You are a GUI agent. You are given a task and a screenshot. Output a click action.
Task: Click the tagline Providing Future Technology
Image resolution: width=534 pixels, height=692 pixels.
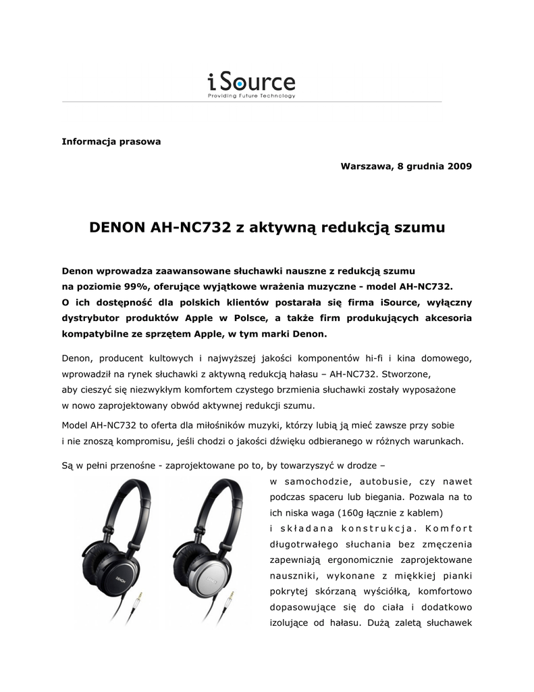251,97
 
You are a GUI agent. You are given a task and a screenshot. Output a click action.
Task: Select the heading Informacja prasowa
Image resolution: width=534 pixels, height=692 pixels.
111,142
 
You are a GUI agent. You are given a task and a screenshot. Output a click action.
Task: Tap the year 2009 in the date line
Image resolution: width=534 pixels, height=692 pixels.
459,166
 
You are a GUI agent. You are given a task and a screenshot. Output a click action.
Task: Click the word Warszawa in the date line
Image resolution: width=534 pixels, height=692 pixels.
365,166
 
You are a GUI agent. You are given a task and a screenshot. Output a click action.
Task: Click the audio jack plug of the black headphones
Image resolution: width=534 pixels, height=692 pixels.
140,601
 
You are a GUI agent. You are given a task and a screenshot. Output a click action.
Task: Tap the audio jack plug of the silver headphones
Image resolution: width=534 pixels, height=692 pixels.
231,601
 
